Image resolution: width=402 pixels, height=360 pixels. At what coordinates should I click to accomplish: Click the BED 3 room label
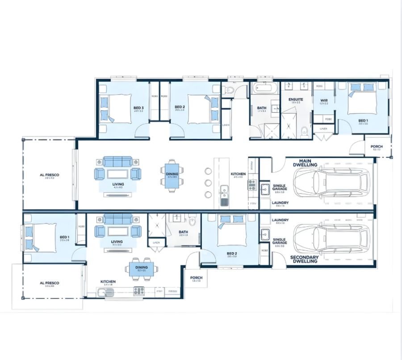[x=138, y=108]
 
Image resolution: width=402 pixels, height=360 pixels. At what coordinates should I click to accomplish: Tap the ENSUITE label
[x=296, y=99]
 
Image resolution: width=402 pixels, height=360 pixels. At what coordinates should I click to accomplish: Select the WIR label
[x=324, y=100]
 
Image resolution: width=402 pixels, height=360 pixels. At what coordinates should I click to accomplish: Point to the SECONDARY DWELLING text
[x=304, y=259]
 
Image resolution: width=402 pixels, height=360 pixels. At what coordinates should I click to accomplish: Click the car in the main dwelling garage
[x=332, y=182]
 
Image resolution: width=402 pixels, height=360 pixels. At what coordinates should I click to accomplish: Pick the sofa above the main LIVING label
[x=118, y=161]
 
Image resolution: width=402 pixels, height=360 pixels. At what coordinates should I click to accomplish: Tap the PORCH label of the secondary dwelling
[x=196, y=278]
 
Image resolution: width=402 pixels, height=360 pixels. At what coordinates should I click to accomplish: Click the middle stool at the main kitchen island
[x=208, y=182]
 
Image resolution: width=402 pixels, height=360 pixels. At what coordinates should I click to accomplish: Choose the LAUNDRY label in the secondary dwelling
[x=280, y=220]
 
